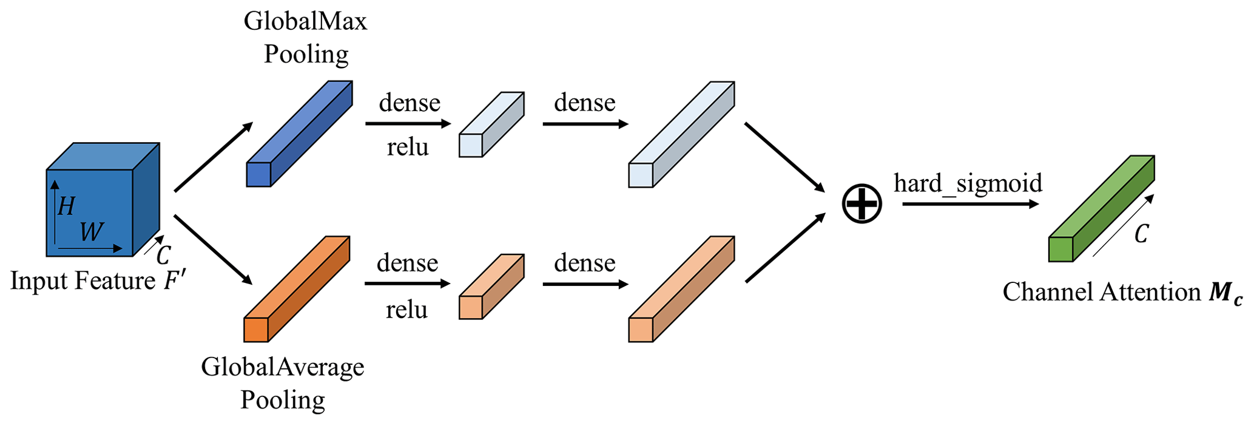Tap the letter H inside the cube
click(x=66, y=206)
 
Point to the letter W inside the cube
click(x=92, y=231)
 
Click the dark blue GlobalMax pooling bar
click(x=299, y=134)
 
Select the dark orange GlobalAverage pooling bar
click(x=297, y=289)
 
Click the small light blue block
click(x=491, y=125)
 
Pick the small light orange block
click(x=491, y=287)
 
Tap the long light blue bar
click(x=681, y=135)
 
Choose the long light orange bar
click(x=681, y=290)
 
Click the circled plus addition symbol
click(x=861, y=203)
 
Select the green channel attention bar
click(x=1101, y=209)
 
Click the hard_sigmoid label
click(x=968, y=183)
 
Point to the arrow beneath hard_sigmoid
click(x=969, y=204)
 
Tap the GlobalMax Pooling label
click(x=306, y=38)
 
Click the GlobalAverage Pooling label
click(x=283, y=383)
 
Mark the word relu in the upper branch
click(x=408, y=147)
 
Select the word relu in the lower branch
click(x=406, y=310)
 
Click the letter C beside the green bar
click(x=1141, y=234)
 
